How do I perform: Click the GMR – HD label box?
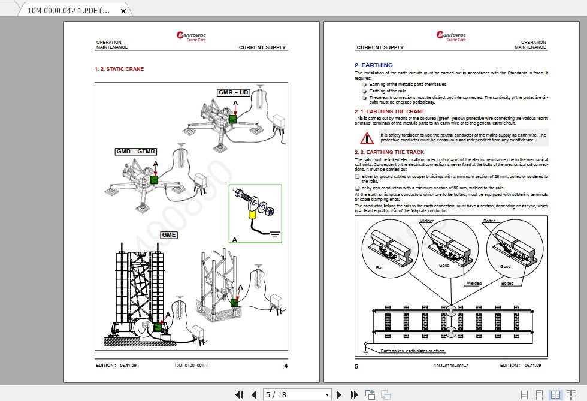pyautogui.click(x=234, y=92)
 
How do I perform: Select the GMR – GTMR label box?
pyautogui.click(x=136, y=152)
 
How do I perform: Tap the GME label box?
pyautogui.click(x=169, y=234)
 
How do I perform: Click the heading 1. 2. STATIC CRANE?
pyautogui.click(x=119, y=69)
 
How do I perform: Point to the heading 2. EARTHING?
pyautogui.click(x=374, y=65)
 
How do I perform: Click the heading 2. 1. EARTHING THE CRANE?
pyautogui.click(x=389, y=111)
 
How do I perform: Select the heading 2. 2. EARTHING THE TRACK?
pyautogui.click(x=389, y=152)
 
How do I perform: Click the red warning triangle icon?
pyautogui.click(x=367, y=138)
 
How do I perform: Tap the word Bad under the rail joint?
pyautogui.click(x=380, y=267)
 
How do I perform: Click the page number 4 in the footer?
pyautogui.click(x=286, y=366)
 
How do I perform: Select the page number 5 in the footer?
pyautogui.click(x=356, y=366)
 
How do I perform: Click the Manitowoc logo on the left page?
pyautogui.click(x=191, y=36)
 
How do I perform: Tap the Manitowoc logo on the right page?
pyautogui.click(x=451, y=36)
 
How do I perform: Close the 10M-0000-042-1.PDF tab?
pyautogui.click(x=123, y=11)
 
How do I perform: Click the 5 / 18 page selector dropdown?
pyautogui.click(x=298, y=394)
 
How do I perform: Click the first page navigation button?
pyautogui.click(x=239, y=394)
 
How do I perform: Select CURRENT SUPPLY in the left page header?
pyautogui.click(x=262, y=47)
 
